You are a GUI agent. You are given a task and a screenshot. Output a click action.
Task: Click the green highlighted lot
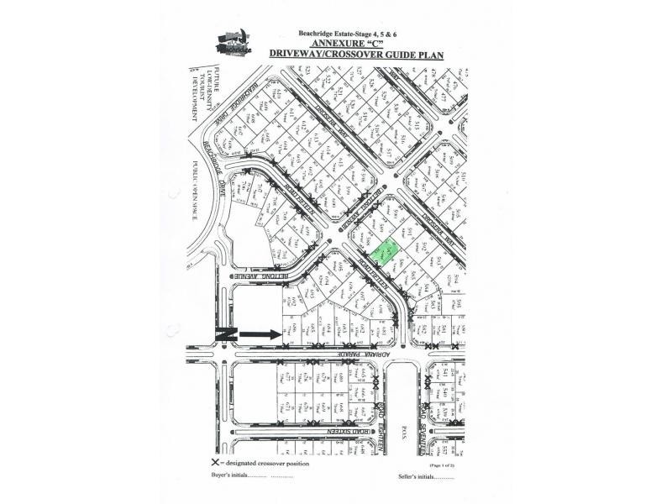click(386, 252)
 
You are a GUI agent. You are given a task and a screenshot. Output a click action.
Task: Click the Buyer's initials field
click(252, 478)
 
